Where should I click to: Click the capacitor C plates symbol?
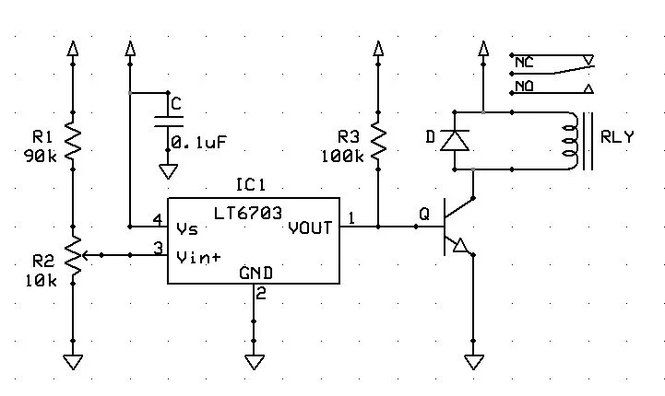coord(168,122)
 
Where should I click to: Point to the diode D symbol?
coord(453,140)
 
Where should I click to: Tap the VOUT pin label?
coord(309,227)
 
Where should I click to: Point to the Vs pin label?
coord(186,227)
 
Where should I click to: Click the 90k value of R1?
coord(41,155)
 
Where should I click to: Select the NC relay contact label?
coord(523,63)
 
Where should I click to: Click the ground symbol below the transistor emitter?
coord(474,361)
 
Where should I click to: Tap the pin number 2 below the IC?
coord(261,295)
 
